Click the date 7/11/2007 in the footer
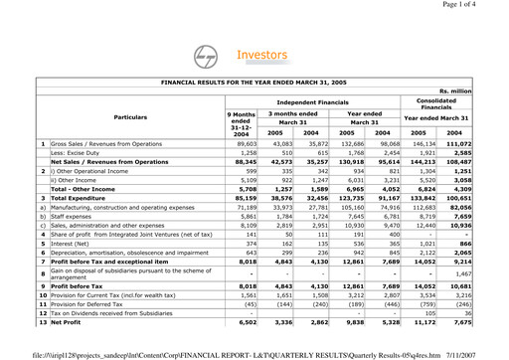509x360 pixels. (483, 353)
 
